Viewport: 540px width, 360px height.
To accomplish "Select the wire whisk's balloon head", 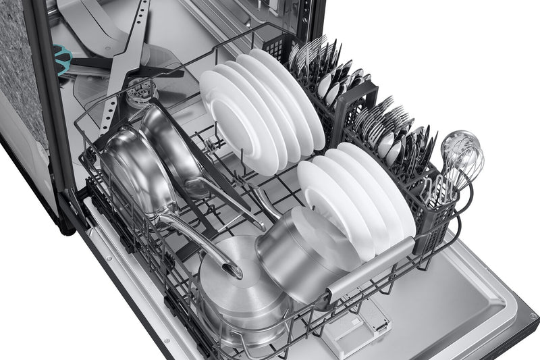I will pyautogui.click(x=462, y=151).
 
